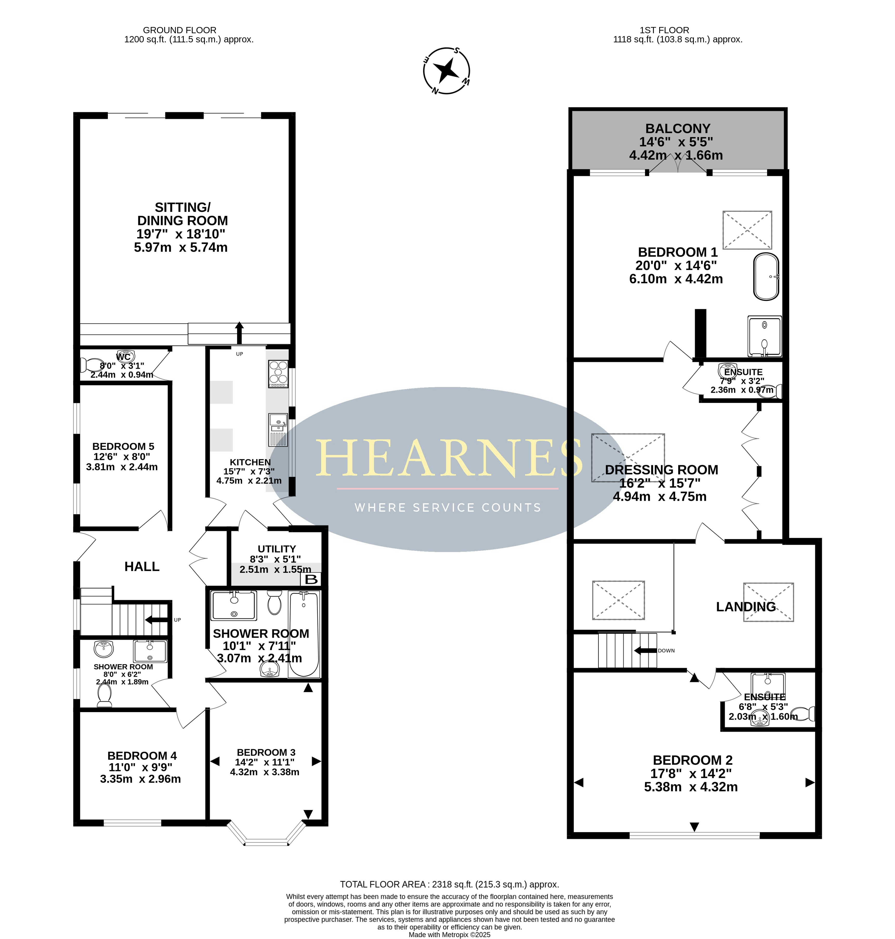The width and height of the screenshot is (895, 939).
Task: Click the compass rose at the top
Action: [447, 71]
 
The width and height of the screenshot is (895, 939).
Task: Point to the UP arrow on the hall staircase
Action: [156, 620]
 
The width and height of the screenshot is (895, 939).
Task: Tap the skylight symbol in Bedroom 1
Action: [747, 230]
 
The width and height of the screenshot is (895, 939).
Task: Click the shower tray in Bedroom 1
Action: [764, 336]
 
